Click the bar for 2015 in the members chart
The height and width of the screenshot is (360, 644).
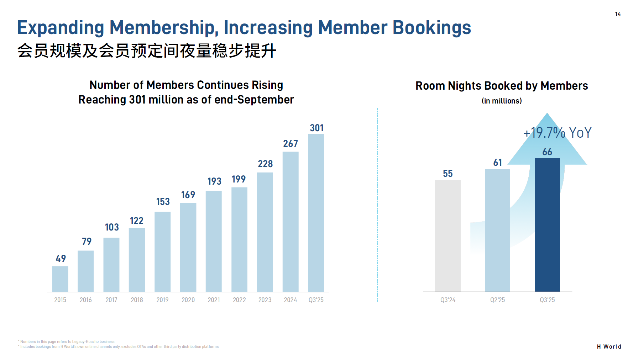pos(60,279)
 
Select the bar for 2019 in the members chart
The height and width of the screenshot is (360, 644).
pos(162,252)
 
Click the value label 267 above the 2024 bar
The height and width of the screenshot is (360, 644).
pos(290,144)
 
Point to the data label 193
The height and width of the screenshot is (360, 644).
pos(214,181)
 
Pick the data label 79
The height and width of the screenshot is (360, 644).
pos(87,242)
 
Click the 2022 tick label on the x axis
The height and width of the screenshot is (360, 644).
pos(239,300)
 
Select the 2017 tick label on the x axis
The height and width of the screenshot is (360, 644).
pos(111,300)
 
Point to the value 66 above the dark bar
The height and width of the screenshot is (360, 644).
pos(547,152)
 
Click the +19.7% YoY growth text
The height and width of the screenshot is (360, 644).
pos(557,133)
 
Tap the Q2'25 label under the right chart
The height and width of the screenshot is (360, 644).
pos(497,300)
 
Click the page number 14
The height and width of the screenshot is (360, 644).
pos(618,14)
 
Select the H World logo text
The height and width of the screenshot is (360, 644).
pos(609,346)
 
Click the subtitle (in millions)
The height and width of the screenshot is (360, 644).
pos(502,101)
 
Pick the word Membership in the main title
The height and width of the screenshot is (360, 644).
pos(162,28)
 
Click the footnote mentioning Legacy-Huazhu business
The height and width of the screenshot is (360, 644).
pos(67,342)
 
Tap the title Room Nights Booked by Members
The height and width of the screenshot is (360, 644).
pos(502,86)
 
